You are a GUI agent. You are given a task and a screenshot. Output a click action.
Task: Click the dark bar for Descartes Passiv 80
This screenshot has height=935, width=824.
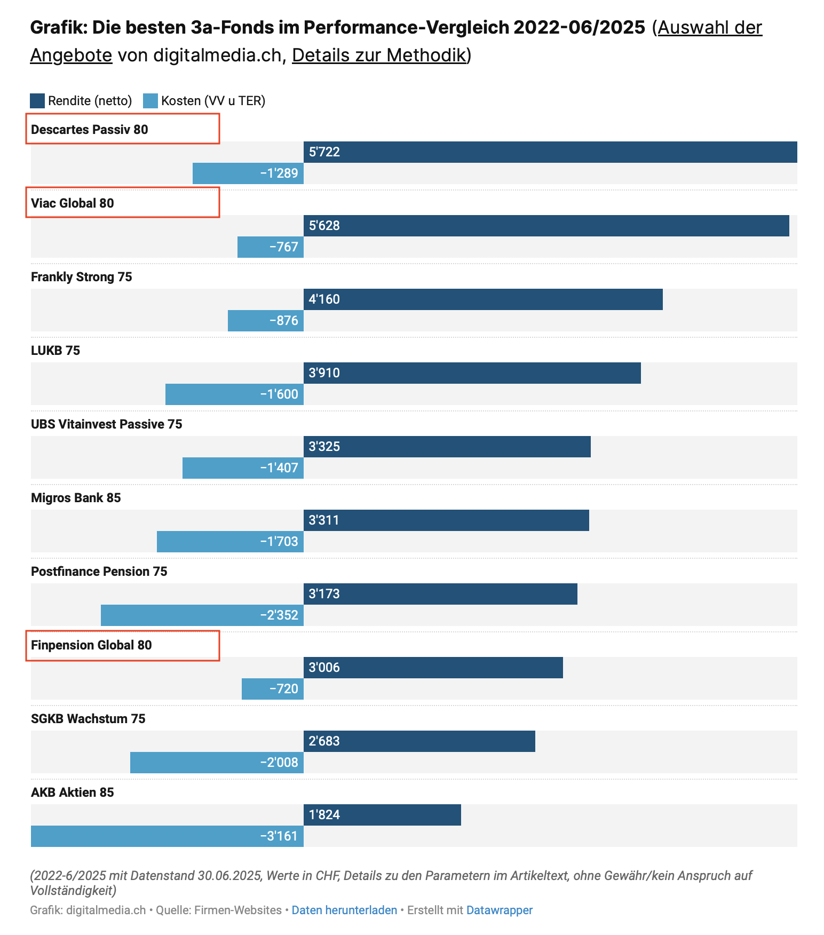(550, 152)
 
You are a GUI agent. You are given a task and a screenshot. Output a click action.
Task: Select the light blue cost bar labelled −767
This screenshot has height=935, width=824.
(271, 247)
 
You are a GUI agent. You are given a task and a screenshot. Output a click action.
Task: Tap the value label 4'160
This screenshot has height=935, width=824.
(324, 299)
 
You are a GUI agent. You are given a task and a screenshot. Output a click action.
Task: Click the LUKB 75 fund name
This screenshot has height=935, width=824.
(56, 351)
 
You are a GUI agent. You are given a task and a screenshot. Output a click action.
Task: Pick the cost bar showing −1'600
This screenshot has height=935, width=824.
(234, 394)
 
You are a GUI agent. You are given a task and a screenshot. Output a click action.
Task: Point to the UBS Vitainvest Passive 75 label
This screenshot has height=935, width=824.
(107, 424)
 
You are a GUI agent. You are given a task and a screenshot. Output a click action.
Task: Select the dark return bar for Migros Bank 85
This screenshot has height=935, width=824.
(446, 520)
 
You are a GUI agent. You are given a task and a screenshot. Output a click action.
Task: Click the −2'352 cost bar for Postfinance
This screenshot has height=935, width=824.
(202, 615)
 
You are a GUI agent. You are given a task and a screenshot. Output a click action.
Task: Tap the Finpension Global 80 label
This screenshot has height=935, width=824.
(91, 645)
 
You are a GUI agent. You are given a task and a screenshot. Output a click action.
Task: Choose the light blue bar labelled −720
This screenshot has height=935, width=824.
(273, 689)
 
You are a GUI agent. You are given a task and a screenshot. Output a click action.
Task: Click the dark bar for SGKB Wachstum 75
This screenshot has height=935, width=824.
(419, 741)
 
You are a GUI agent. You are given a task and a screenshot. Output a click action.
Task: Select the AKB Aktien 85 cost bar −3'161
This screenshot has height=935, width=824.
(167, 836)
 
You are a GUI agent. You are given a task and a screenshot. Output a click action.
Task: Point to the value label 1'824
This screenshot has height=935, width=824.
(324, 815)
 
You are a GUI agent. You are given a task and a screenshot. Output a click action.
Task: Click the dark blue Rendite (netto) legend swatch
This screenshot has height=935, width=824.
(37, 101)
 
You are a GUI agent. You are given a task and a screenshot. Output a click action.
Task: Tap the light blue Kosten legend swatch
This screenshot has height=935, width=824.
(150, 101)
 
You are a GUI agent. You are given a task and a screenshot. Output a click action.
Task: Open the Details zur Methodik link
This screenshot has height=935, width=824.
(379, 55)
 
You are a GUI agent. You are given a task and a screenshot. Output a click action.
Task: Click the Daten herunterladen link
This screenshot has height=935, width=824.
(344, 910)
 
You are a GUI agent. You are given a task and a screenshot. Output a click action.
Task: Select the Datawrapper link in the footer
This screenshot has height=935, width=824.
(500, 910)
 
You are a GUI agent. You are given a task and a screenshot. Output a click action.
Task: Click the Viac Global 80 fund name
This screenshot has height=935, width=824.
(73, 203)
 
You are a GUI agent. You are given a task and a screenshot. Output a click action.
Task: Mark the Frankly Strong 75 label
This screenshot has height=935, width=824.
(82, 277)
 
